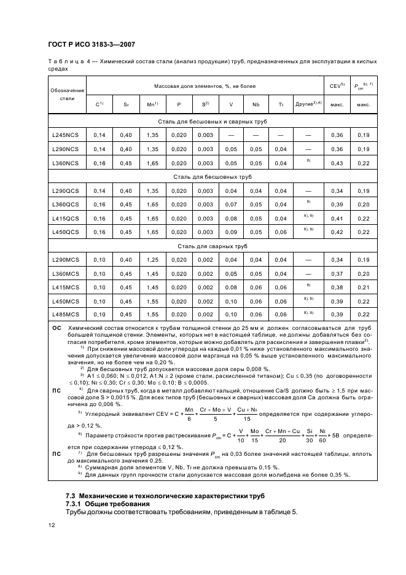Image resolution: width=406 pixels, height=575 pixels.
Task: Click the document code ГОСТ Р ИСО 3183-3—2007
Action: (x=92, y=44)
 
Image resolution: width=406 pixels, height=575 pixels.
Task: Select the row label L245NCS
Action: (x=64, y=134)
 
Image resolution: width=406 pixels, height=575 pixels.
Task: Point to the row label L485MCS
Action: (x=64, y=314)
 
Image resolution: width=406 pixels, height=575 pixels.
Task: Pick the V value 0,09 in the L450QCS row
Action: (x=231, y=232)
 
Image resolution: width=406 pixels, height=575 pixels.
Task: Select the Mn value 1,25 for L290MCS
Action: (x=152, y=261)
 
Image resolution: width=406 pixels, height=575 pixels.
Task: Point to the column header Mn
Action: (x=152, y=105)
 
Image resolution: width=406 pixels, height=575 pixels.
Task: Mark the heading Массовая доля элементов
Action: (x=203, y=86)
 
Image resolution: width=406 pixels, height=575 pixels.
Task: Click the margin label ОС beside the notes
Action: (x=55, y=329)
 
